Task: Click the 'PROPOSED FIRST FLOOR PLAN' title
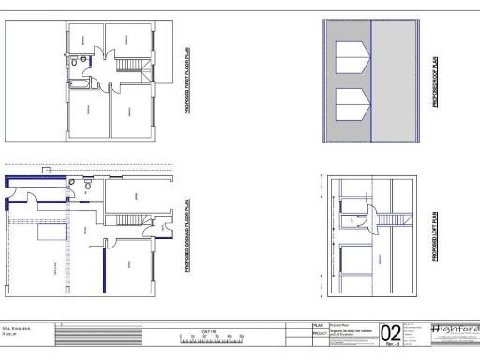187,81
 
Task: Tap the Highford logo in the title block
454,331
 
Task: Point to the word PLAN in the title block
319,324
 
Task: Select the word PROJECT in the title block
321,332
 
